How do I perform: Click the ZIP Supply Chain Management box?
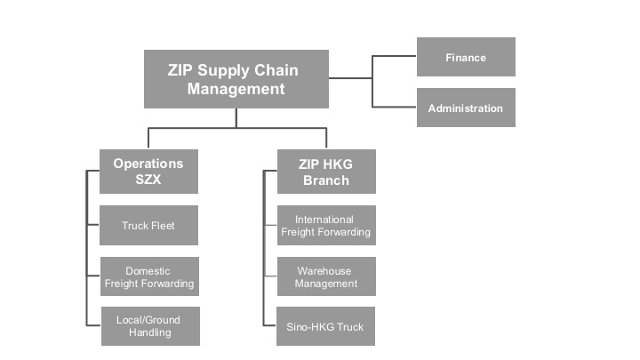tap(236, 79)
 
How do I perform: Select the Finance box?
tap(466, 58)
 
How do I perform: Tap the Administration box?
tap(466, 108)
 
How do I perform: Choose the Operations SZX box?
tap(148, 172)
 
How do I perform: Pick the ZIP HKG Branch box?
tap(325, 172)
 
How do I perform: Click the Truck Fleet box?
tap(148, 226)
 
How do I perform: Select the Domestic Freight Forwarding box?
tap(148, 276)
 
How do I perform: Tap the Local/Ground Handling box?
tap(148, 326)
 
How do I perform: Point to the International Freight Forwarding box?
tap(325, 226)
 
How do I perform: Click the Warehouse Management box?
tap(325, 276)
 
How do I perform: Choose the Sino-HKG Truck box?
tap(325, 326)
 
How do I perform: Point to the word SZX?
tap(148, 180)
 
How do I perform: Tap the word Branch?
tap(325, 180)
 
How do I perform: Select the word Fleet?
tap(162, 226)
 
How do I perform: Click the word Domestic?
tap(148, 270)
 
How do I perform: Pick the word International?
tap(325, 220)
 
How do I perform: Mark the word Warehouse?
tap(325, 270)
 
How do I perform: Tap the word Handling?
tap(148, 333)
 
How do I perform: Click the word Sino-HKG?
tap(311, 326)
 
